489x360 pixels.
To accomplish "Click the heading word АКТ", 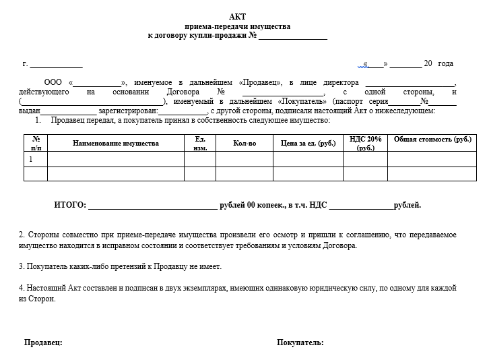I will (x=237, y=17).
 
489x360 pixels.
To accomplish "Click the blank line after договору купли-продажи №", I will (x=293, y=36).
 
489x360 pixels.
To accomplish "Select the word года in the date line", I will (x=445, y=63).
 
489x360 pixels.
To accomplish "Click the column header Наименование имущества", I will (x=115, y=144).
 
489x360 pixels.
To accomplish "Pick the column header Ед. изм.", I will (x=199, y=143).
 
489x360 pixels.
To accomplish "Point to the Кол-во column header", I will (x=244, y=144).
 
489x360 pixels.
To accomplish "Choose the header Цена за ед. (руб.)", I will (x=308, y=144).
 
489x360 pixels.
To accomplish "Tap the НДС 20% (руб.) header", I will (x=366, y=143).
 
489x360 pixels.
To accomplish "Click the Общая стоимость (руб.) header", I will (x=432, y=139).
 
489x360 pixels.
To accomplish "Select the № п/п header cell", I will (x=36, y=143).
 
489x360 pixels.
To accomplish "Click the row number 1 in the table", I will (x=30, y=159).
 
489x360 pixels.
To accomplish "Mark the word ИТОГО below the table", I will (x=69, y=205).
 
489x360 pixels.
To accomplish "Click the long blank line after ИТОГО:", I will (x=152, y=206).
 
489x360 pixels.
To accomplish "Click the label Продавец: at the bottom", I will (x=43, y=342).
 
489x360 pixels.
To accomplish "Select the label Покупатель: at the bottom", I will (x=300, y=342).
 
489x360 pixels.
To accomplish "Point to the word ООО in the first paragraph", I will (x=53, y=82).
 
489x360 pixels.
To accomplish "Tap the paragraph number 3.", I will (x=22, y=266).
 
